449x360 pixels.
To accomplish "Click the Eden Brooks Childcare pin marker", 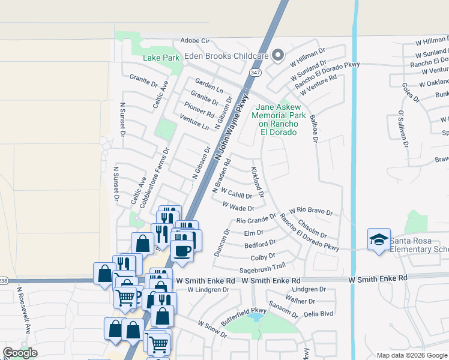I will click(277, 56).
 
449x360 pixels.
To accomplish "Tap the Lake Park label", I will click(161, 58).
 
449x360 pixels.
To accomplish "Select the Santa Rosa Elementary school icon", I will click(379, 240).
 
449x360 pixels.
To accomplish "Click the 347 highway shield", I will click(256, 72).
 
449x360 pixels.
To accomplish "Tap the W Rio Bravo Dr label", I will click(310, 211).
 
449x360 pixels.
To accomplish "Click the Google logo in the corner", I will click(20, 353).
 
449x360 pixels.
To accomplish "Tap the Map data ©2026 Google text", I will click(412, 355).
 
